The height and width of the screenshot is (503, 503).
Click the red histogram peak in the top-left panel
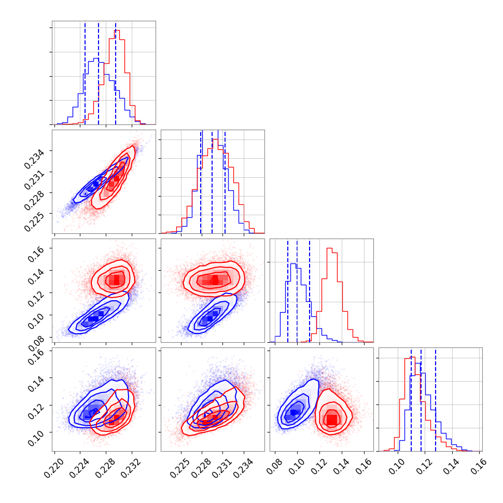[117, 31]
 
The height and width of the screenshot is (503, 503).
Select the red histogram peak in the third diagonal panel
[329, 248]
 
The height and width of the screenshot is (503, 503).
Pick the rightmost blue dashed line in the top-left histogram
[116, 73]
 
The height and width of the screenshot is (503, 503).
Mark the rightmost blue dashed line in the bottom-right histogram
[436, 399]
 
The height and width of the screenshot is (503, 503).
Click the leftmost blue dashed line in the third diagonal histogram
[288, 290]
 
